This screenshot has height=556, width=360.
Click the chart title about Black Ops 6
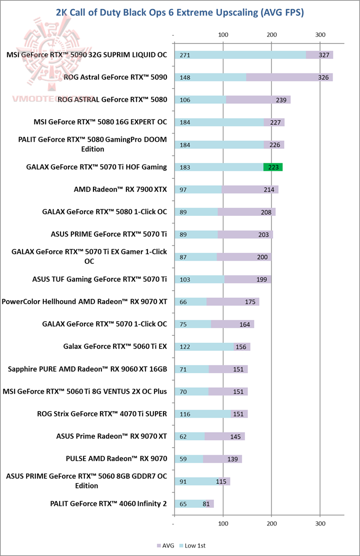pyautogui.click(x=180, y=11)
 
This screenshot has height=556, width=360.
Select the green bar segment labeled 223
pyautogui.click(x=273, y=167)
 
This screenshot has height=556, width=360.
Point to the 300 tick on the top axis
pyautogui.click(x=320, y=34)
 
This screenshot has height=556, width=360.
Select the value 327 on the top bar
pyautogui.click(x=323, y=55)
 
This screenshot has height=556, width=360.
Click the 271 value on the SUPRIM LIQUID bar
pyautogui.click(x=184, y=55)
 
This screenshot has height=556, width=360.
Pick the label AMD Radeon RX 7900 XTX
pyautogui.click(x=120, y=189)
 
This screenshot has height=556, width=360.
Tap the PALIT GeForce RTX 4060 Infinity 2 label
pyautogui.click(x=108, y=504)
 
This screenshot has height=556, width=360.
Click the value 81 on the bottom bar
pyautogui.click(x=207, y=504)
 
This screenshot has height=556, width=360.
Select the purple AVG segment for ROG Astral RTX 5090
pyautogui.click(x=289, y=77)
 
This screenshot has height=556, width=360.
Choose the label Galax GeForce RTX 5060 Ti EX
pyautogui.click(x=115, y=346)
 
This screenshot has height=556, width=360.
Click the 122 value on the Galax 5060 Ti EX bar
pyautogui.click(x=184, y=347)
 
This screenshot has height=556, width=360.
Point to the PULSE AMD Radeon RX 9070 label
pyautogui.click(x=116, y=459)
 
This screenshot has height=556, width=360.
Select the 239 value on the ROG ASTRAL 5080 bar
pyautogui.click(x=280, y=100)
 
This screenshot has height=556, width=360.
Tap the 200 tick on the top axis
pyautogui.click(x=271, y=34)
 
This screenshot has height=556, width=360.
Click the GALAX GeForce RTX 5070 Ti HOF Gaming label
pyautogui.click(x=96, y=167)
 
